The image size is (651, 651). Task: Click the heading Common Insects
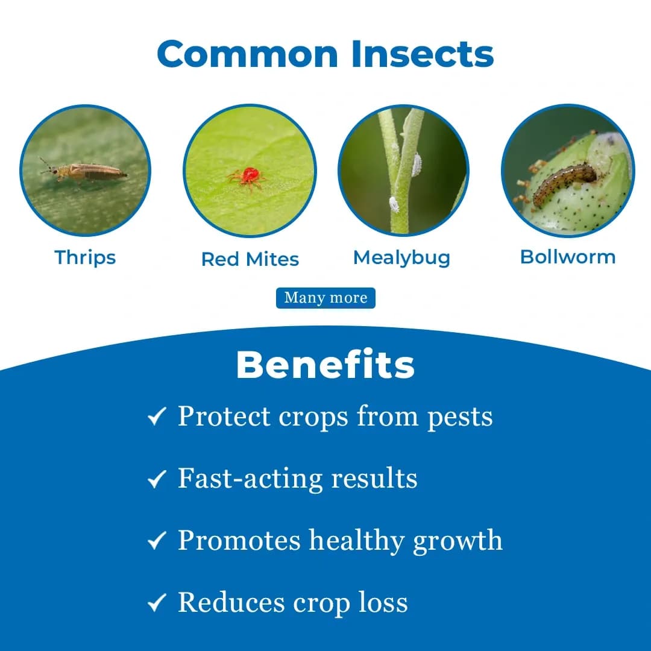(325, 54)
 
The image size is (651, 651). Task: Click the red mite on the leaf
(248, 175)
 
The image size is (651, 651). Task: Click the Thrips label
(85, 257)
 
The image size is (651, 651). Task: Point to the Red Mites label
(250, 259)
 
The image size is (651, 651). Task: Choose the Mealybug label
(401, 257)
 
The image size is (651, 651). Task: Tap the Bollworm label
(568, 257)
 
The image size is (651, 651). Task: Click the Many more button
(325, 298)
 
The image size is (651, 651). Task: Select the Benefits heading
(325, 365)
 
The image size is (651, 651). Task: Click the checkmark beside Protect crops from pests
(157, 417)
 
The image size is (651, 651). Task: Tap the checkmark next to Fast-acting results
(157, 479)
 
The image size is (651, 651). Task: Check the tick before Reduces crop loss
(157, 603)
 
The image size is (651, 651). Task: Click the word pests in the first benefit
(460, 418)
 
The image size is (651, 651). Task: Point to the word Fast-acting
(250, 479)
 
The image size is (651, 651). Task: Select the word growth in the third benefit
(458, 541)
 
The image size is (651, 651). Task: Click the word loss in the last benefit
(381, 603)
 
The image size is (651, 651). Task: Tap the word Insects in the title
(423, 54)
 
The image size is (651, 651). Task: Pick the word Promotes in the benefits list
(239, 541)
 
